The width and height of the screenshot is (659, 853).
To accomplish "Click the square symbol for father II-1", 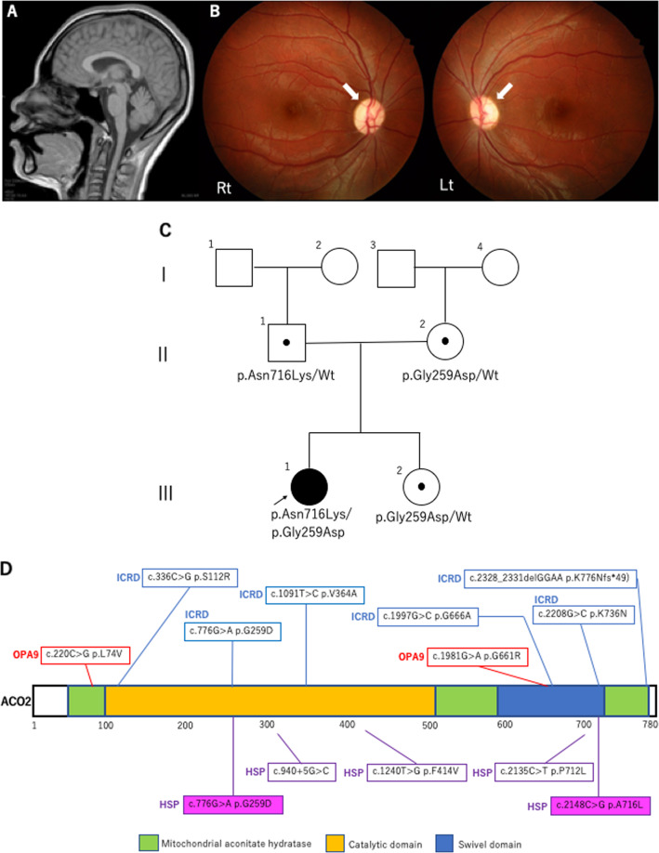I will pyautogui.click(x=287, y=343).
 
